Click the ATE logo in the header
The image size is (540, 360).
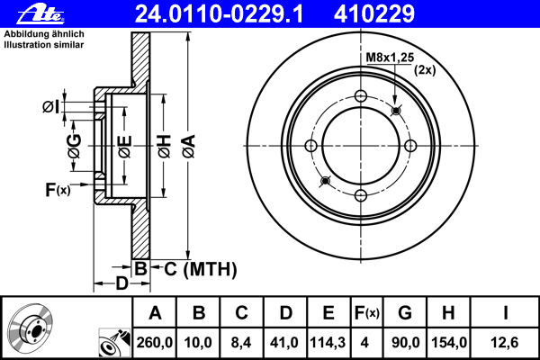pyautogui.click(x=40, y=13)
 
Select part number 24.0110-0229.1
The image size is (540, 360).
pyautogui.click(x=219, y=13)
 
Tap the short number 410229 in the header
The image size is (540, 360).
pyautogui.click(x=374, y=13)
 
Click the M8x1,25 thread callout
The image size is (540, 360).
pyautogui.click(x=390, y=58)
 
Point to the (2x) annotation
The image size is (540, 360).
pyautogui.click(x=425, y=70)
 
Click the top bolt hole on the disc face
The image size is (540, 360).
pyautogui.click(x=361, y=95)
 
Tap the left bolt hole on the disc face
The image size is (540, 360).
pyautogui.click(x=311, y=146)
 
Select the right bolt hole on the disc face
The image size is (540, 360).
pyautogui.click(x=410, y=146)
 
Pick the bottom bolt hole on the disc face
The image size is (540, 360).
pyautogui.click(x=361, y=195)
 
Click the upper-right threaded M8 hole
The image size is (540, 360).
pyautogui.click(x=396, y=111)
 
